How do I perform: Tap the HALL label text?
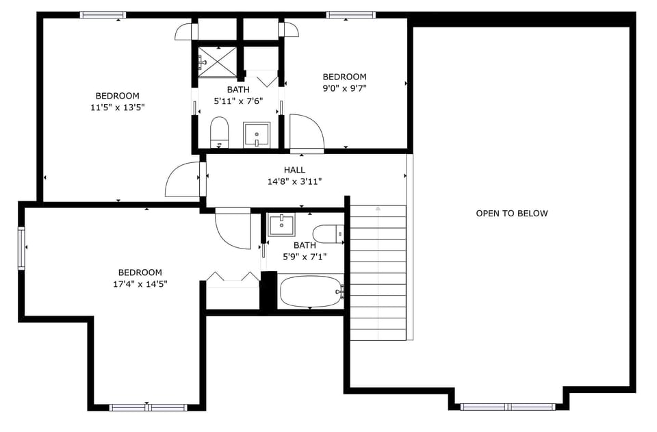point(294,170)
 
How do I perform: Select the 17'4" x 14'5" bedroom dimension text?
point(140,283)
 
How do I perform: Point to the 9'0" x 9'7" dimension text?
point(344,88)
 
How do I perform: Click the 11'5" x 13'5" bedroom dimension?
point(117,107)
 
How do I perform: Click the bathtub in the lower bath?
point(310,291)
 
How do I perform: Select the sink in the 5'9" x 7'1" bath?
point(281,225)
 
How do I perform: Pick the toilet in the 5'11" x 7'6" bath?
point(219,131)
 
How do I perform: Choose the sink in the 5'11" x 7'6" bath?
point(257,134)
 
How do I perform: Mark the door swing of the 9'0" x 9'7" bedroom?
point(305,134)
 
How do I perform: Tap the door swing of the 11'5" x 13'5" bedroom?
point(183,180)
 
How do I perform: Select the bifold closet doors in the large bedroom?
point(233,277)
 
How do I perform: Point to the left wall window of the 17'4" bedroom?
point(22,248)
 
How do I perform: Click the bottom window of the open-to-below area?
point(508,407)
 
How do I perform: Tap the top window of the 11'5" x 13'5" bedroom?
point(103,14)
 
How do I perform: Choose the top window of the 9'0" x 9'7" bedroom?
point(350,14)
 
